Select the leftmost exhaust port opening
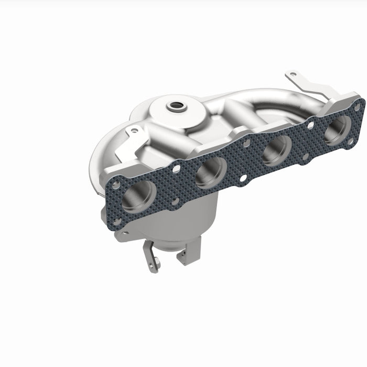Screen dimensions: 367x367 [139, 196]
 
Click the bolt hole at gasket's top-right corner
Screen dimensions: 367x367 [357, 106]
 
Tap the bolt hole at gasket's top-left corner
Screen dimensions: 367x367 [115, 185]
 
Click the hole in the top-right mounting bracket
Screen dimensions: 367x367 [293, 74]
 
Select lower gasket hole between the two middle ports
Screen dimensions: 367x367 [243, 178]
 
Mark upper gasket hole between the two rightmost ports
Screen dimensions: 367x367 [311, 126]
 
